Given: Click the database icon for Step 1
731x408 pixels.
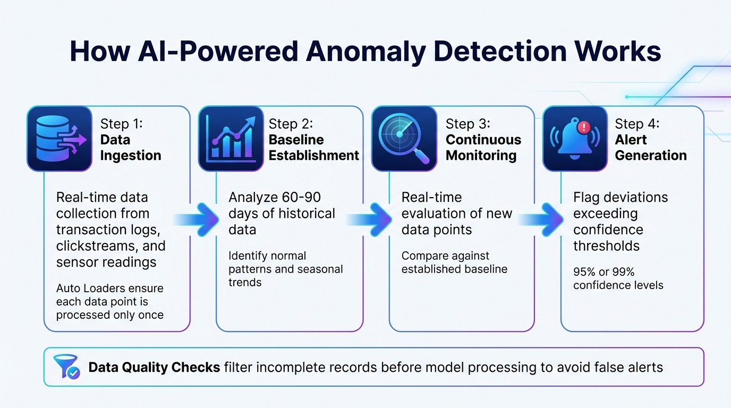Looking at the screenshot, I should click(x=59, y=139).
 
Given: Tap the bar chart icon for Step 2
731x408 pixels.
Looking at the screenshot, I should click(x=231, y=139).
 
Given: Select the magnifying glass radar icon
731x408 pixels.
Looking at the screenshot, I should click(x=403, y=139).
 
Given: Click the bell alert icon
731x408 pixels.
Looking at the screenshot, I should click(x=575, y=139).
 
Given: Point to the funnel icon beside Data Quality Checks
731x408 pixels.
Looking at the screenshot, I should click(x=66, y=367).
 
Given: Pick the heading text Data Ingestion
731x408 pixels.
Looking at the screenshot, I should click(x=130, y=148).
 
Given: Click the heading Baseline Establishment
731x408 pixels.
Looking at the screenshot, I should click(x=313, y=148).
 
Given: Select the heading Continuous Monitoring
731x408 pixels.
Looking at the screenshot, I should click(x=483, y=148).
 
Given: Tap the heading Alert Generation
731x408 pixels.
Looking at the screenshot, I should click(x=650, y=148).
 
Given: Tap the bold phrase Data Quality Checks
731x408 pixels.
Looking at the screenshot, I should click(x=154, y=367).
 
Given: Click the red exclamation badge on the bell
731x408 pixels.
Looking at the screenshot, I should click(x=584, y=127).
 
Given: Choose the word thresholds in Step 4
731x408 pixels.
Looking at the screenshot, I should click(x=606, y=246).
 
